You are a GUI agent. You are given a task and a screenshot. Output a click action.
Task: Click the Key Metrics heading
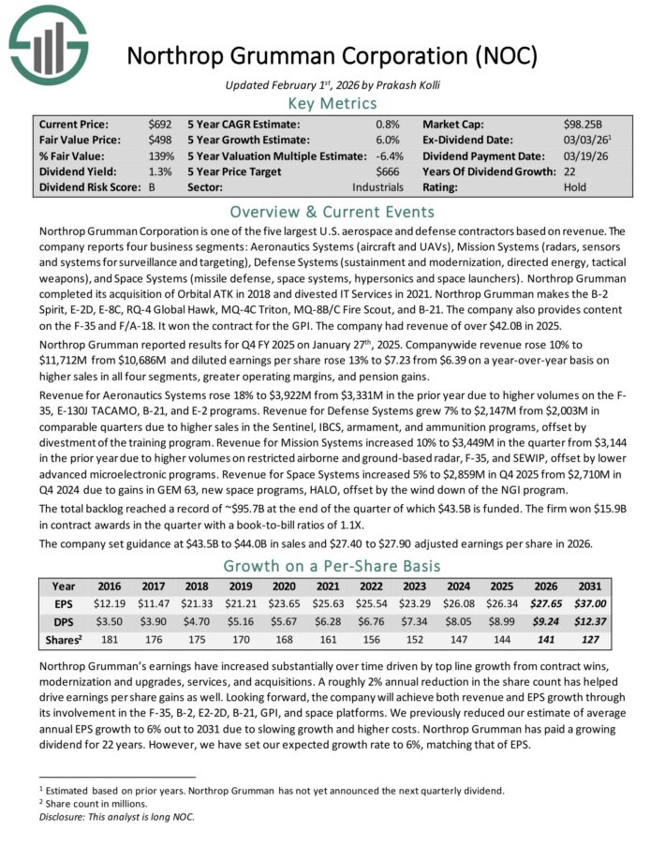(x=332, y=103)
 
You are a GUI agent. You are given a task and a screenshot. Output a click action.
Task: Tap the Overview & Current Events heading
(x=332, y=211)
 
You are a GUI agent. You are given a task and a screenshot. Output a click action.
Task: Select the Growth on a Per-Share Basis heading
(x=332, y=566)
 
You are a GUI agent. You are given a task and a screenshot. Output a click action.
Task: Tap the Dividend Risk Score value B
(x=152, y=187)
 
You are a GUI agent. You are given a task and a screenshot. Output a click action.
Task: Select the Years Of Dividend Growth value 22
(x=570, y=171)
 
